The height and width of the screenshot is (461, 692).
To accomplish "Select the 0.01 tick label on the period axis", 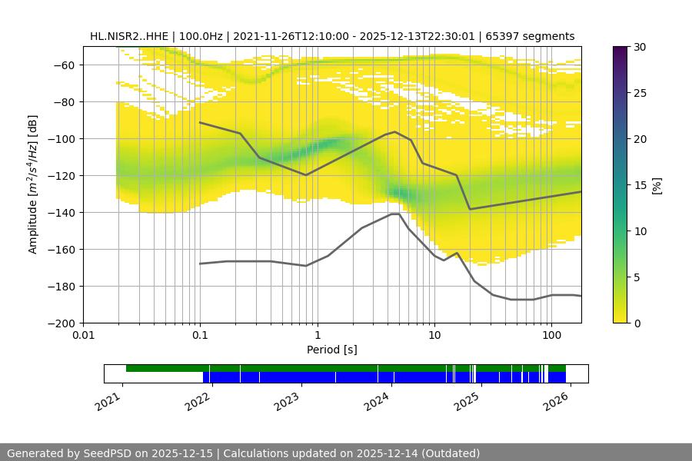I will click(83, 336).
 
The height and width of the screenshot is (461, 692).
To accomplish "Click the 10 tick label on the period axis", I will click(434, 336).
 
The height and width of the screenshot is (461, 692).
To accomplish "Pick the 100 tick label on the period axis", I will click(551, 336).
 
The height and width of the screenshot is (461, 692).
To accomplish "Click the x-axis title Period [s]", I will click(332, 350).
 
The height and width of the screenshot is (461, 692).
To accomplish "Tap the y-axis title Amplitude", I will click(32, 184).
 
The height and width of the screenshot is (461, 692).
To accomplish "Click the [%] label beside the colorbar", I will click(657, 185).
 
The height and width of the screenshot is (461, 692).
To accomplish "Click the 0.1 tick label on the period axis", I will click(200, 336).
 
